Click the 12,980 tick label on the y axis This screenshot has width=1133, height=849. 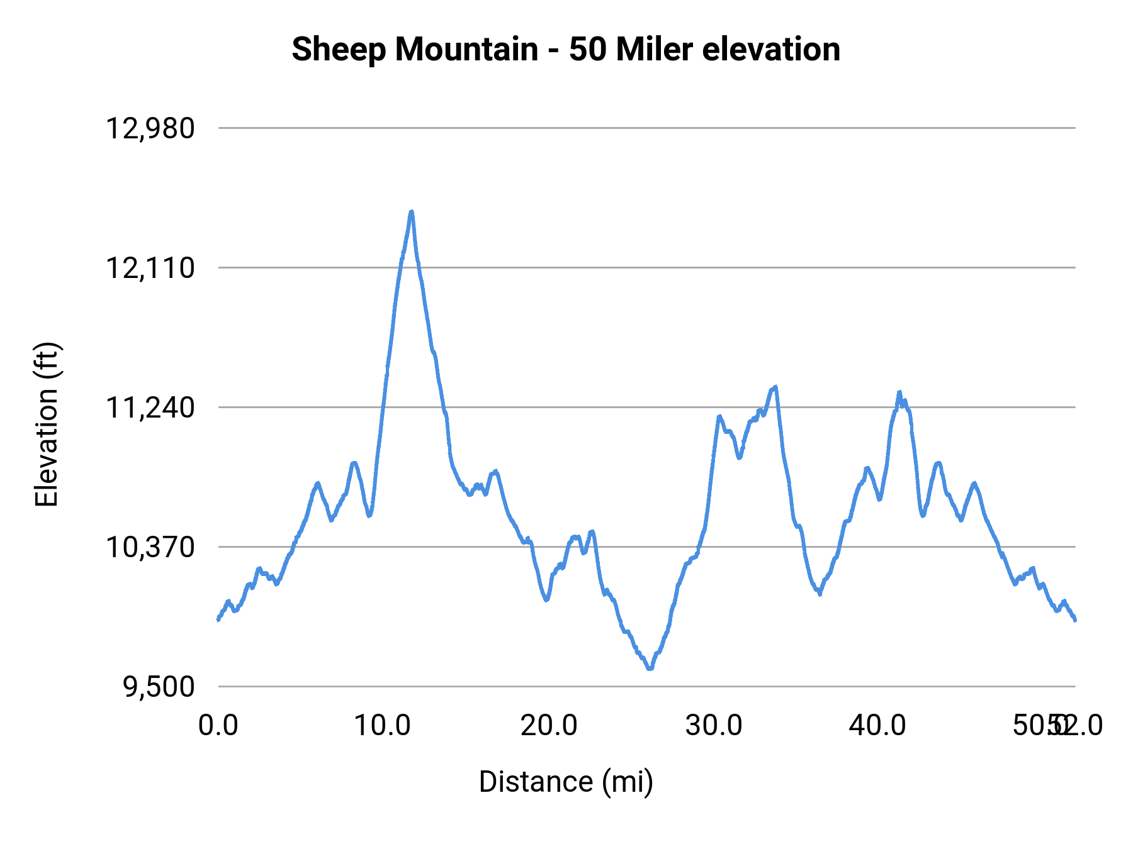150,129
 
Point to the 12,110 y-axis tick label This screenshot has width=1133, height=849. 150,269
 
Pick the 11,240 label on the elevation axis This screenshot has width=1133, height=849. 150,408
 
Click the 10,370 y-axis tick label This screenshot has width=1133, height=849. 150,548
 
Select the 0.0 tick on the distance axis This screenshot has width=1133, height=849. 218,726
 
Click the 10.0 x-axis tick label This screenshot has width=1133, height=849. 382,726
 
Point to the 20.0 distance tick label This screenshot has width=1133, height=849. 548,726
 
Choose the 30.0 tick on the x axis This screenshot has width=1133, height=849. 714,726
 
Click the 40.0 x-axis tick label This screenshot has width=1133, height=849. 877,726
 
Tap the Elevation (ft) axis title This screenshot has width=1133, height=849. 47,425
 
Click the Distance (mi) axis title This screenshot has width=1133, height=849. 566,782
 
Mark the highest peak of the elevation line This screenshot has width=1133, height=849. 412,212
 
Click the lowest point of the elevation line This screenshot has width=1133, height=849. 650,669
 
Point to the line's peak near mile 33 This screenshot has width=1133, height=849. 775,387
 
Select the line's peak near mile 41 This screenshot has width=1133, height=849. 899,392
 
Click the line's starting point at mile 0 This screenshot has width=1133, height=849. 218,620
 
